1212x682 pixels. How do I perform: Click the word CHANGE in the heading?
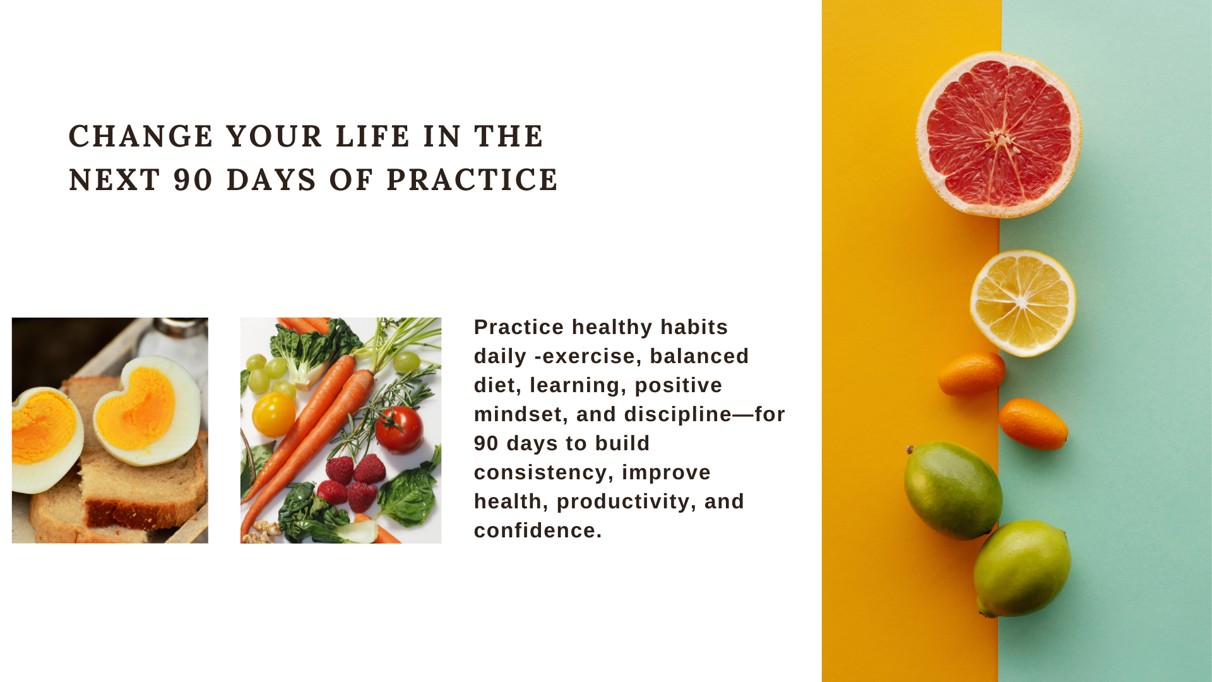coord(141,136)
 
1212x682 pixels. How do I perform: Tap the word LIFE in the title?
coord(372,136)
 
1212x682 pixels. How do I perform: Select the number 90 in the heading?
coord(193,180)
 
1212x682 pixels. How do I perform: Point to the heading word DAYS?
coord(271,180)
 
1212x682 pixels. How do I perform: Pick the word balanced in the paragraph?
coord(699,356)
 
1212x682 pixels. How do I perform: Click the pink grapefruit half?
coord(999,135)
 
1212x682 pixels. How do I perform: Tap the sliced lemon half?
coord(1023,303)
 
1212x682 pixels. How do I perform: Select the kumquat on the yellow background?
coord(971,374)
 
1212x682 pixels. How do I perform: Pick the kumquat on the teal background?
coord(1033,424)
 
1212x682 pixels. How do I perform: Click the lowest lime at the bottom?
coord(1022,568)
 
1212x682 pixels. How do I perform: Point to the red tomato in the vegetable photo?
coord(399,429)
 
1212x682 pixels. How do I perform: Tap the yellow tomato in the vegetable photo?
coord(273,414)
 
